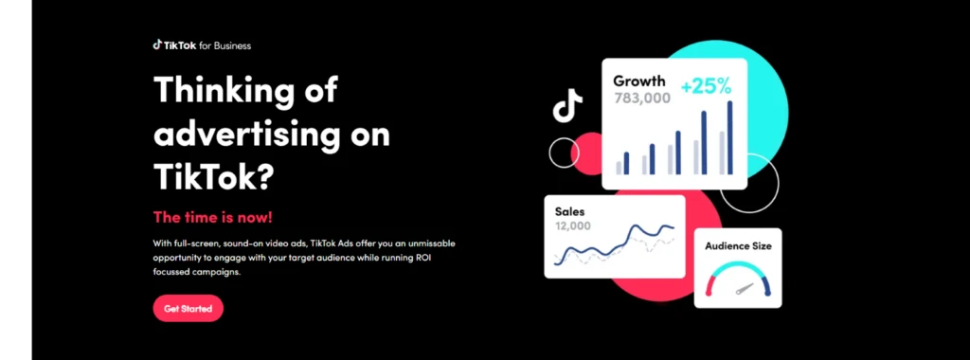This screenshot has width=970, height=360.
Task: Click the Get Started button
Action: (x=189, y=308)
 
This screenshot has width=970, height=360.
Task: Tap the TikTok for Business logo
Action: (x=202, y=45)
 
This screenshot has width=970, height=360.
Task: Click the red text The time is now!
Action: (x=213, y=218)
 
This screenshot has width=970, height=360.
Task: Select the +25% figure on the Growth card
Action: (x=706, y=86)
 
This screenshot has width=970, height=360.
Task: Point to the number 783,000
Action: (x=642, y=98)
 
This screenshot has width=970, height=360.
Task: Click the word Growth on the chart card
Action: (x=639, y=81)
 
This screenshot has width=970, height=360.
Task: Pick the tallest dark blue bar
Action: (x=730, y=137)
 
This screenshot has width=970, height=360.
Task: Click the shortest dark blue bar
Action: (x=626, y=163)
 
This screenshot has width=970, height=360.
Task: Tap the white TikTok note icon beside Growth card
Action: (x=567, y=105)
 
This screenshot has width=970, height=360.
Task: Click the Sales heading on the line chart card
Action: (x=569, y=211)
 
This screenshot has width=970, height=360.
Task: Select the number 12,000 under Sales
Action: (x=573, y=225)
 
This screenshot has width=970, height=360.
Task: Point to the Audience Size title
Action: (x=738, y=246)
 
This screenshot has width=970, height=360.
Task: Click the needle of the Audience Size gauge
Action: (x=745, y=289)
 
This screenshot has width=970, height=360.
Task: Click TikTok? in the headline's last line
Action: (x=213, y=176)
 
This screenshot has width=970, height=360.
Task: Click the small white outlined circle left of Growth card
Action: (x=565, y=153)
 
